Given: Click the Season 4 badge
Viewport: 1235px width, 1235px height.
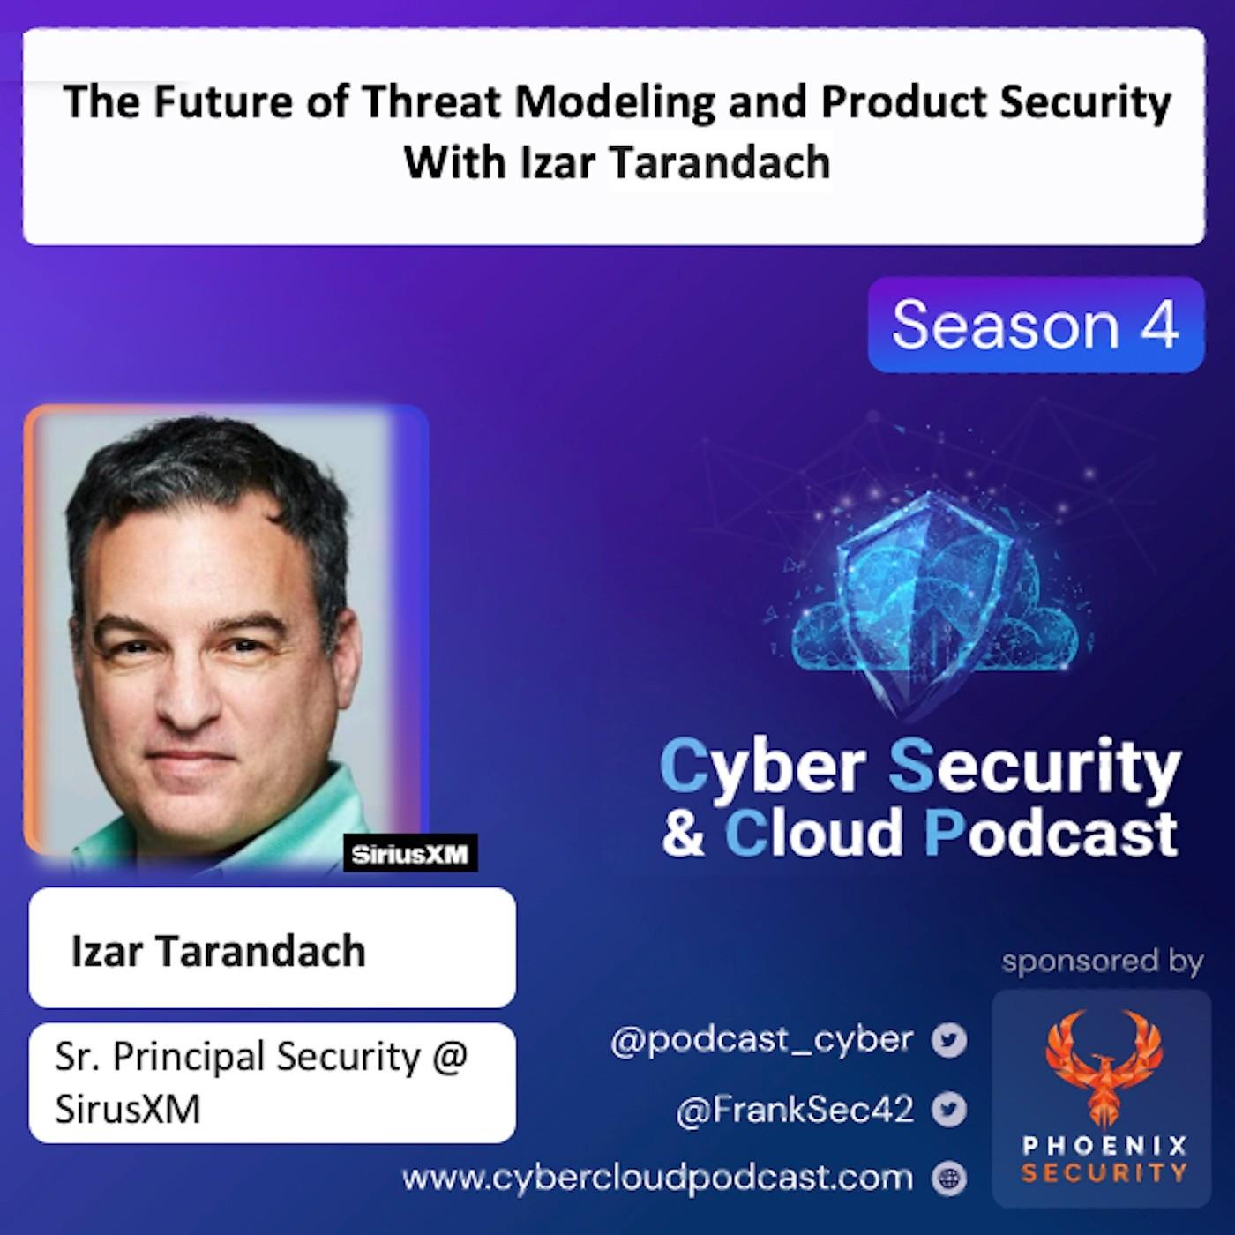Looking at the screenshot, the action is pyautogui.click(x=1036, y=325).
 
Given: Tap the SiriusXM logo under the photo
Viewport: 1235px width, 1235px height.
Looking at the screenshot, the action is pyautogui.click(x=410, y=853).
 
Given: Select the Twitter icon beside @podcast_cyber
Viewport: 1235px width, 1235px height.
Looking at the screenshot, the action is pyautogui.click(x=949, y=1041).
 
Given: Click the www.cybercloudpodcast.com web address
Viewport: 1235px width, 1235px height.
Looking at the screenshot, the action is pyautogui.click(x=657, y=1178).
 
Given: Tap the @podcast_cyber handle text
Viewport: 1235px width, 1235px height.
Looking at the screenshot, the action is pyautogui.click(x=762, y=1041).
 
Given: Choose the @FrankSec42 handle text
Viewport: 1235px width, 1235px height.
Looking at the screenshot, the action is pyautogui.click(x=795, y=1110).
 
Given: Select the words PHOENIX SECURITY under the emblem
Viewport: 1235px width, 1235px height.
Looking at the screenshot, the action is pyautogui.click(x=1104, y=1159).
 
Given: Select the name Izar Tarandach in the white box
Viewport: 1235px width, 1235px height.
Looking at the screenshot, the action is pyautogui.click(x=219, y=951).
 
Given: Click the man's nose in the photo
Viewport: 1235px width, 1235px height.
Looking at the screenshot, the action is pyautogui.click(x=186, y=689).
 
